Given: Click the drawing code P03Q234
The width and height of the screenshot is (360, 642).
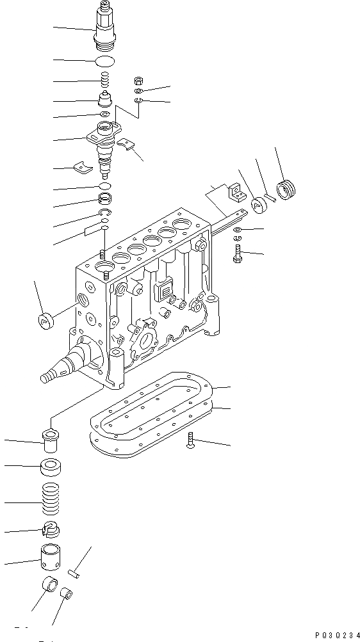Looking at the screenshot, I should (x=334, y=634).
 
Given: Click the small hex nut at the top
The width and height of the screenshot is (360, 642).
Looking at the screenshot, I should (x=138, y=81).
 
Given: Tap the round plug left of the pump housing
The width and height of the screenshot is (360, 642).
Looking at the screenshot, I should (x=44, y=320).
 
